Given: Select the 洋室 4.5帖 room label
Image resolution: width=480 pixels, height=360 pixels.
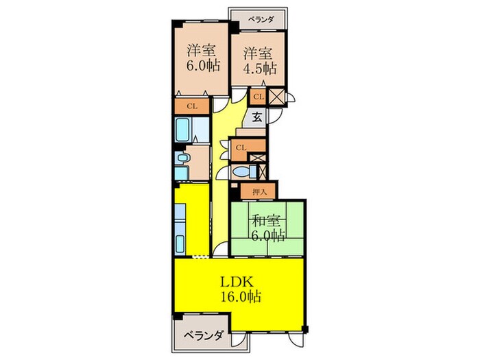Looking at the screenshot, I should pyautogui.click(x=258, y=60).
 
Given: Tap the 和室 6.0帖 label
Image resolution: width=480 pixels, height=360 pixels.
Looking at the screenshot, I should pyautogui.click(x=267, y=228).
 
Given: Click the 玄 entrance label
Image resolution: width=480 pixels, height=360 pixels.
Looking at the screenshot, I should pyautogui.click(x=256, y=117).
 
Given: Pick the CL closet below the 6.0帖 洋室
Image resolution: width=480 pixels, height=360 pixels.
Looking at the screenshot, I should pyautogui.click(x=192, y=106).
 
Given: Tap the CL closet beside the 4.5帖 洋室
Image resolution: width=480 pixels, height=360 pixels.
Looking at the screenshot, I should pyautogui.click(x=259, y=97).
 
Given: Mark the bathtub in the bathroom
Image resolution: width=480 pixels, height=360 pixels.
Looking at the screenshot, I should pyautogui.click(x=183, y=128).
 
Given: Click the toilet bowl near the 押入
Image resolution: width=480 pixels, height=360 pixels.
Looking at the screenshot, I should pyautogui.click(x=241, y=170).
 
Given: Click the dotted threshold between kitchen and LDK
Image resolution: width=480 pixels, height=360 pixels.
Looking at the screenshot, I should pyautogui.click(x=200, y=257).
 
